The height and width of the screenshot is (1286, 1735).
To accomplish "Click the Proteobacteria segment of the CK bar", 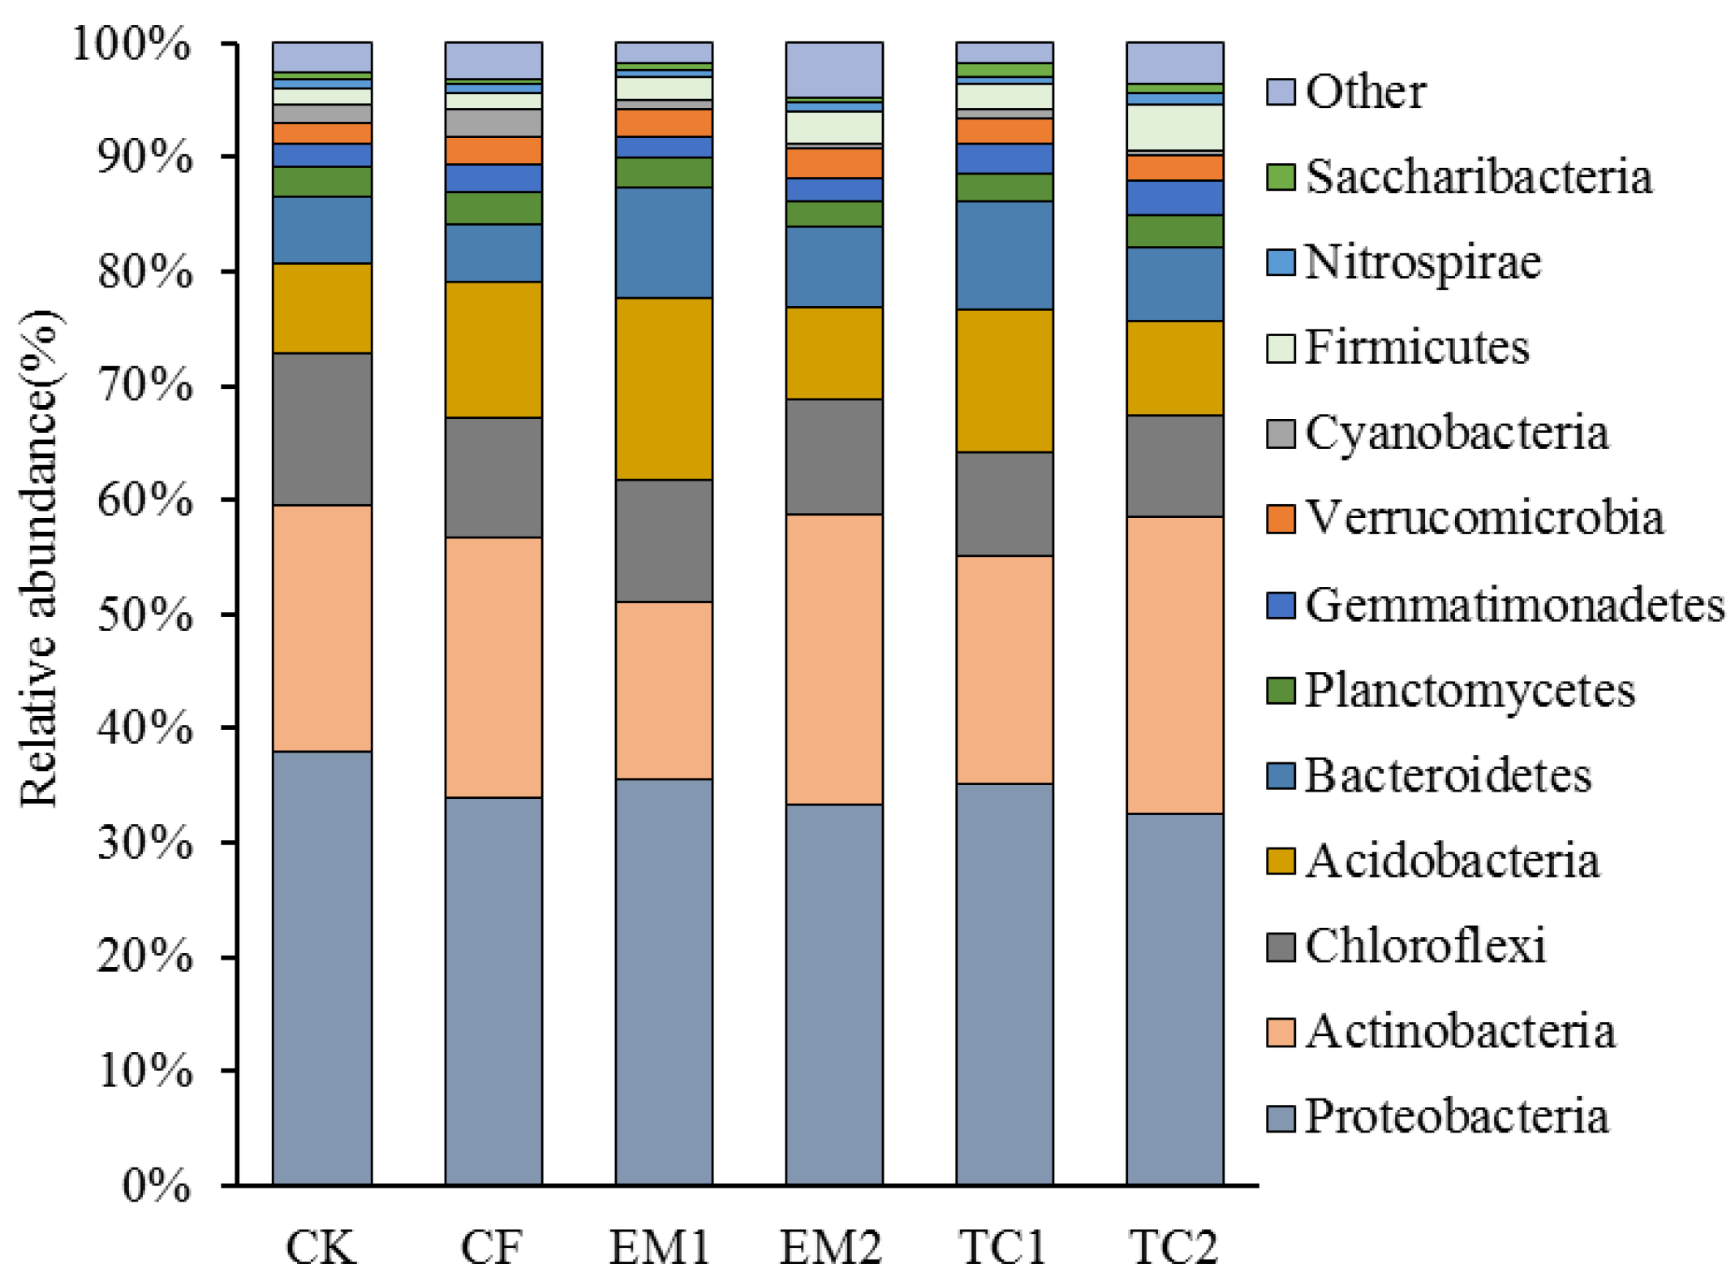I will [321, 966].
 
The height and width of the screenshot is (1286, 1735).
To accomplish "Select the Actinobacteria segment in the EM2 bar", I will [833, 658].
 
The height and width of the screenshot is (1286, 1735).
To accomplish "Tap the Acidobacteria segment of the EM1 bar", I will [663, 388].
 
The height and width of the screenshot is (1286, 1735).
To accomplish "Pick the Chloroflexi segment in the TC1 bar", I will [1004, 503].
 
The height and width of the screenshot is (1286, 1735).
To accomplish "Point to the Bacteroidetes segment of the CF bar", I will [493, 252].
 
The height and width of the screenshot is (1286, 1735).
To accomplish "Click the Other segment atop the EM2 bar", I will [833, 69].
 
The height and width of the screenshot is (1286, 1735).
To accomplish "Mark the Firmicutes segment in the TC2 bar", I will [1174, 127].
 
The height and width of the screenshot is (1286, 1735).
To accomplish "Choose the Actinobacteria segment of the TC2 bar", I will [1174, 664].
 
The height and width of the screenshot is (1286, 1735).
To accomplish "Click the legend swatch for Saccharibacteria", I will [1280, 177].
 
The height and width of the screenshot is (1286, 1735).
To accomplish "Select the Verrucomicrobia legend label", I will [1484, 517].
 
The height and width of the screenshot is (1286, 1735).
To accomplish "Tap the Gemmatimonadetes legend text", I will [1514, 605].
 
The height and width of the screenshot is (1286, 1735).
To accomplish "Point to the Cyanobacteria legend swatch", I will [1280, 434].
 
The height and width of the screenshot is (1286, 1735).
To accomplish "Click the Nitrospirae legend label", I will [1423, 262].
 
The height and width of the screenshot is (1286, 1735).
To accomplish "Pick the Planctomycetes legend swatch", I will [1280, 690].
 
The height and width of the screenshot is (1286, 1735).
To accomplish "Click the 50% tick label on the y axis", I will [144, 615].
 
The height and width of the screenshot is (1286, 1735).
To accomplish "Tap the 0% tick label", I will [156, 1186].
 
